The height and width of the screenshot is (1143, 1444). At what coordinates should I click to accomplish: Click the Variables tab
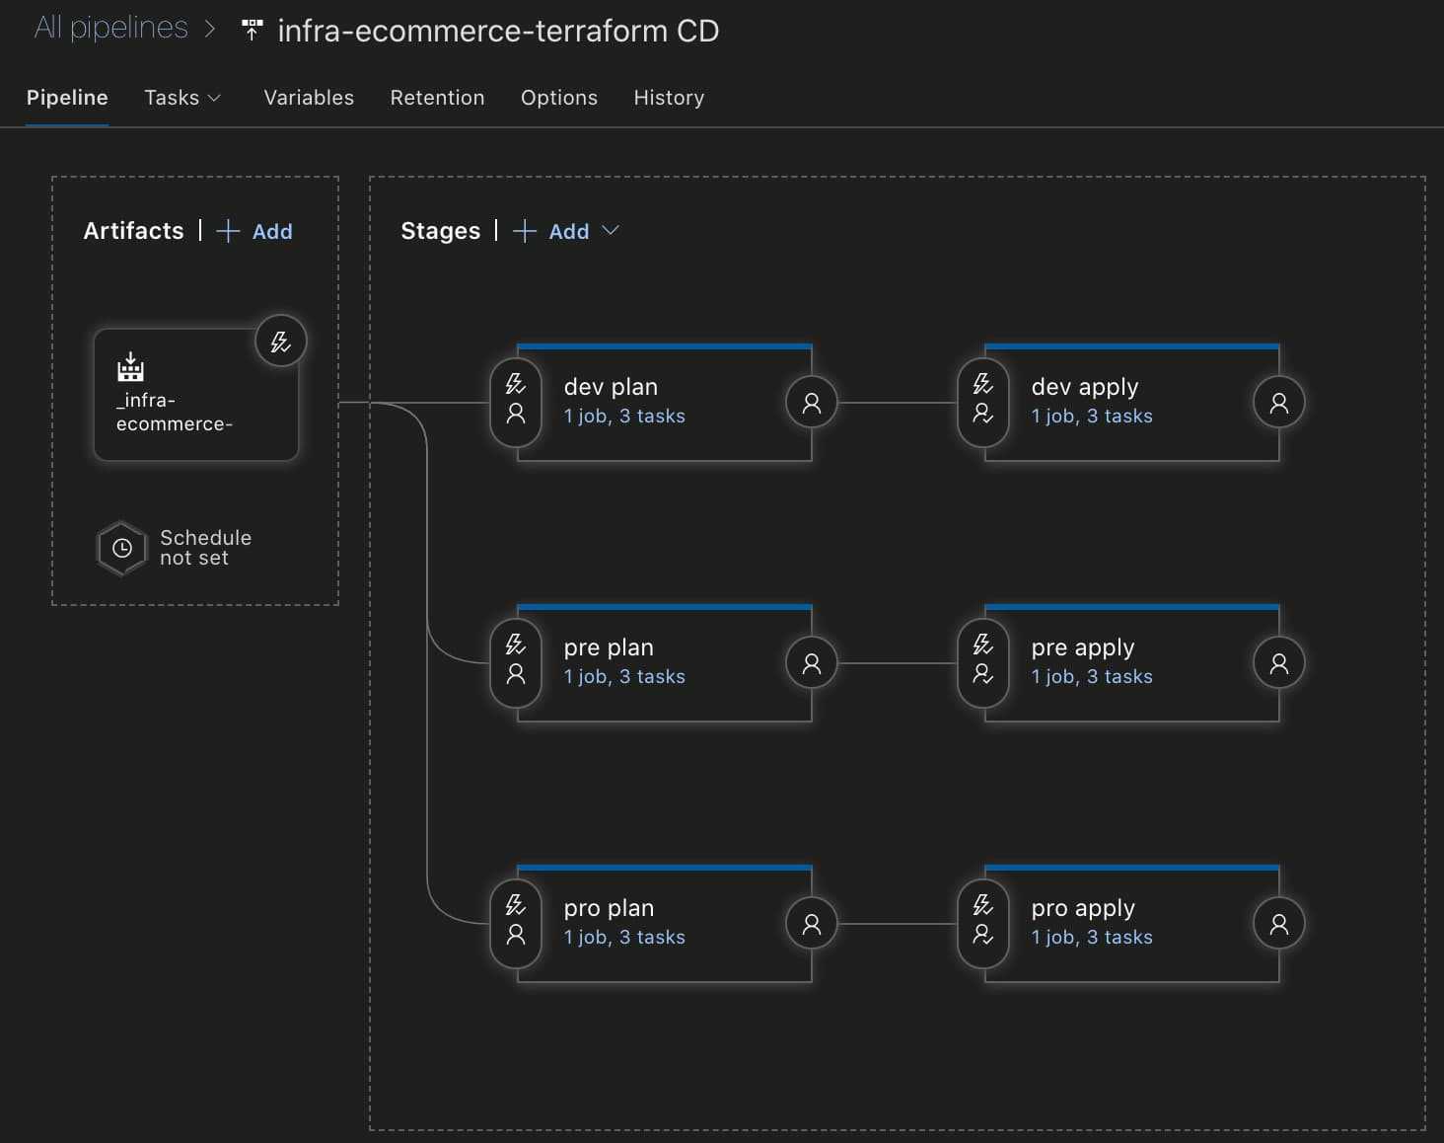coord(309,98)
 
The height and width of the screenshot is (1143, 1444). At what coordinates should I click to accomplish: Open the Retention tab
coord(437,98)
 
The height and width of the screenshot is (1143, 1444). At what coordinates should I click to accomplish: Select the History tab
coord(669,98)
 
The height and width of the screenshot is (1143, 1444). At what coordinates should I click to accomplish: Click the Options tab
coord(559,98)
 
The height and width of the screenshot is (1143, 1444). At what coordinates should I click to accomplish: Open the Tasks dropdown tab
coord(182,98)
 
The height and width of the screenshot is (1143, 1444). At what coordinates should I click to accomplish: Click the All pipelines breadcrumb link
coord(110,29)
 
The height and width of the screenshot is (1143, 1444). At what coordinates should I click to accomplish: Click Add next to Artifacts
coord(255,231)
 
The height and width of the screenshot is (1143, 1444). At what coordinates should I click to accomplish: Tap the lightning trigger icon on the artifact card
coord(280,342)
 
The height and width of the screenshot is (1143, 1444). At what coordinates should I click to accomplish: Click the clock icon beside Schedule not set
coord(121,548)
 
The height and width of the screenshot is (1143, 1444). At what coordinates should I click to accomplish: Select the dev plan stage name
coord(611,387)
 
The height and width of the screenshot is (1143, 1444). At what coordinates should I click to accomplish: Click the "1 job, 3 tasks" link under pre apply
coord(1092,676)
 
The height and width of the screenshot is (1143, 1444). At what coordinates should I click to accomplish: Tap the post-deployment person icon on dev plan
coord(811,403)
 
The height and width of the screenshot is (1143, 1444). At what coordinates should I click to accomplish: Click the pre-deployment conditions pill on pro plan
coord(515,923)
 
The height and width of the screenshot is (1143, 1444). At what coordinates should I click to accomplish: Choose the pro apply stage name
coord(1083,909)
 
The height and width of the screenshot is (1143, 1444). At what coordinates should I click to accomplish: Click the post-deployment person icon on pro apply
coord(1279,924)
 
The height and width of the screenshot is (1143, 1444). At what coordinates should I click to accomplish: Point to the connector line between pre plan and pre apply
coord(898,663)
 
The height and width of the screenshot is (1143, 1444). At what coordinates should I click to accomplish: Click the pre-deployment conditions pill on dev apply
coord(983,403)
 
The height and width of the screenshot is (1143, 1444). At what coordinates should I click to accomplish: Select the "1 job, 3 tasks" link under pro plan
coord(624,937)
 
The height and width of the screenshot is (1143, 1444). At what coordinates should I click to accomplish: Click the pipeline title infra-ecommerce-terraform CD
coord(498,31)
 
